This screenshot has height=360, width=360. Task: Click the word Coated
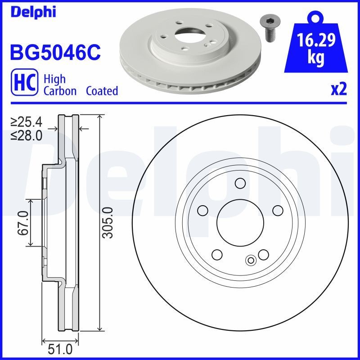(103, 91)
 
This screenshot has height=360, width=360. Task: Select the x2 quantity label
(339, 90)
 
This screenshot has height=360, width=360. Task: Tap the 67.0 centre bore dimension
(23, 222)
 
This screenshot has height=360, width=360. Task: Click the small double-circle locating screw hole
(251, 260)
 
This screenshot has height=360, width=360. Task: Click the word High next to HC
(54, 79)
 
